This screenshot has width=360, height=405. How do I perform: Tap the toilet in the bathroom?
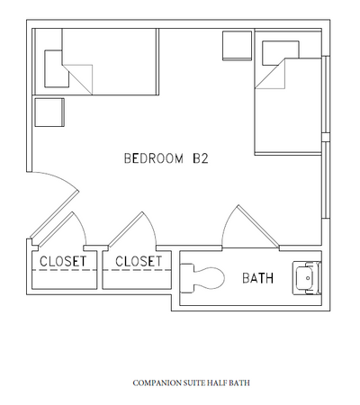[x=205, y=278]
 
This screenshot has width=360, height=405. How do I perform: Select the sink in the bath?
[x=307, y=278]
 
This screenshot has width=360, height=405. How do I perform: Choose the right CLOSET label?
[x=137, y=262]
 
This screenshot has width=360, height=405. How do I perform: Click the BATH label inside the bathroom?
[x=257, y=278]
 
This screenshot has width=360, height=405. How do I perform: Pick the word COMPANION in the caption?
[x=155, y=383]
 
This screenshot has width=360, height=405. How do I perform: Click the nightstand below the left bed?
[x=49, y=112]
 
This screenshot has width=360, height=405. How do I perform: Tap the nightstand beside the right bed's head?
[x=238, y=45]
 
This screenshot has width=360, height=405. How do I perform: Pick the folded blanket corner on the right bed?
[x=272, y=77]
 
